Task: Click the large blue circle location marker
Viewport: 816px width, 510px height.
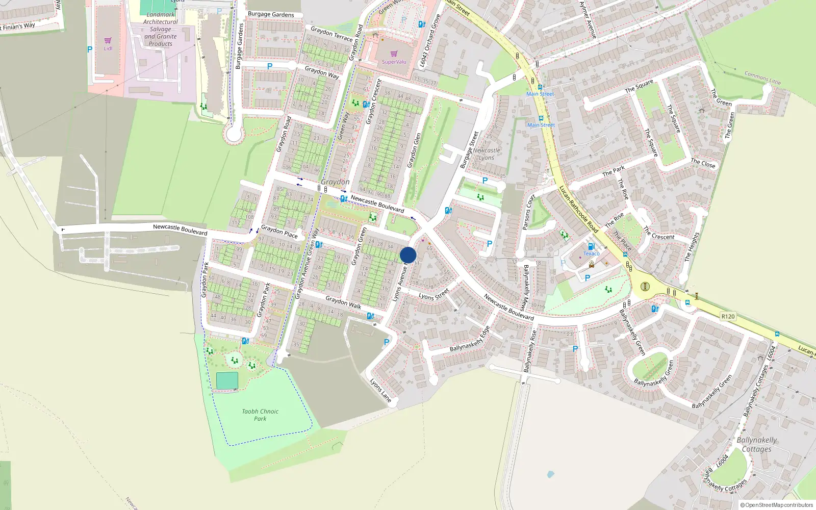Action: click(408, 255)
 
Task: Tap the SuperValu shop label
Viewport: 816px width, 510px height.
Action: click(394, 62)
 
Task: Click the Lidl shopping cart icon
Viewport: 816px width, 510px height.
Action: click(108, 40)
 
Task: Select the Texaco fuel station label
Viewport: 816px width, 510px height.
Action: click(591, 253)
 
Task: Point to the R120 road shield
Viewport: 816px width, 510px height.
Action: click(728, 316)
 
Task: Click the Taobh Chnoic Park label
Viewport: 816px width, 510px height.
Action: click(260, 415)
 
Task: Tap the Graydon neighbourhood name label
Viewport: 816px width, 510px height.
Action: click(335, 182)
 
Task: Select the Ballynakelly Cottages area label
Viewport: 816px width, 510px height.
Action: click(757, 444)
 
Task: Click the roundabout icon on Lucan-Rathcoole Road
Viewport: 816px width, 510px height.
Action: click(645, 286)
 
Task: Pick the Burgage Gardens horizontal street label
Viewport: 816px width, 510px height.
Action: click(271, 14)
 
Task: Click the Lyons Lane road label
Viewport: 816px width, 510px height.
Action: click(380, 390)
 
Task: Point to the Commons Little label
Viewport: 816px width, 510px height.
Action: click(762, 78)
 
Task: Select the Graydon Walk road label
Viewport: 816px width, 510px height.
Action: click(343, 302)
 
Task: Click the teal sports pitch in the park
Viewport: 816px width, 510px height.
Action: click(227, 380)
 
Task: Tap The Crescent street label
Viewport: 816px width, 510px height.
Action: click(659, 233)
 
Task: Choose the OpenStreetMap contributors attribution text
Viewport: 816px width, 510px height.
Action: click(777, 505)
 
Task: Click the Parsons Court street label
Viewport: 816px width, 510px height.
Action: click(529, 212)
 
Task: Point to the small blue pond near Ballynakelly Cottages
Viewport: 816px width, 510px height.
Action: click(550, 474)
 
